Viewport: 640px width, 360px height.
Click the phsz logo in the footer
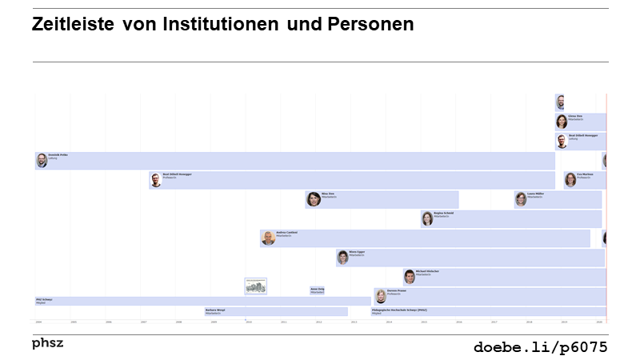(47, 343)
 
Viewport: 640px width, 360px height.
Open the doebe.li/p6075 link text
(540, 346)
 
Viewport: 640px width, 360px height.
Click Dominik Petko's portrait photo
(42, 160)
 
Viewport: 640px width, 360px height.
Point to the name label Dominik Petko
(58, 154)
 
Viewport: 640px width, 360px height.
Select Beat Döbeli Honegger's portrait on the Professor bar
(156, 180)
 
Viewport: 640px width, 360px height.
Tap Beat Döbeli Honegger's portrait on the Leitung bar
(562, 142)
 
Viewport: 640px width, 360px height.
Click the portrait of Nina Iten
(314, 199)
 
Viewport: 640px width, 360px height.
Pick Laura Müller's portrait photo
(521, 199)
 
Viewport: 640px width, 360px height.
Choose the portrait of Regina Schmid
(427, 218)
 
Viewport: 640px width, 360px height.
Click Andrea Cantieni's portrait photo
(268, 238)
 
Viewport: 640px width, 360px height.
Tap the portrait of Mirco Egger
(342, 257)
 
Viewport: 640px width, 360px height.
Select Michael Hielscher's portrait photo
(410, 277)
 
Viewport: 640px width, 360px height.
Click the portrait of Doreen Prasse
(380, 296)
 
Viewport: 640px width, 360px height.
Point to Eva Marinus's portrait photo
(570, 179)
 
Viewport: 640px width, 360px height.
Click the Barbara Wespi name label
(215, 310)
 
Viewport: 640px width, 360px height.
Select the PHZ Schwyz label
(45, 300)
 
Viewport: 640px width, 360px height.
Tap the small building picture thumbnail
(255, 286)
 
